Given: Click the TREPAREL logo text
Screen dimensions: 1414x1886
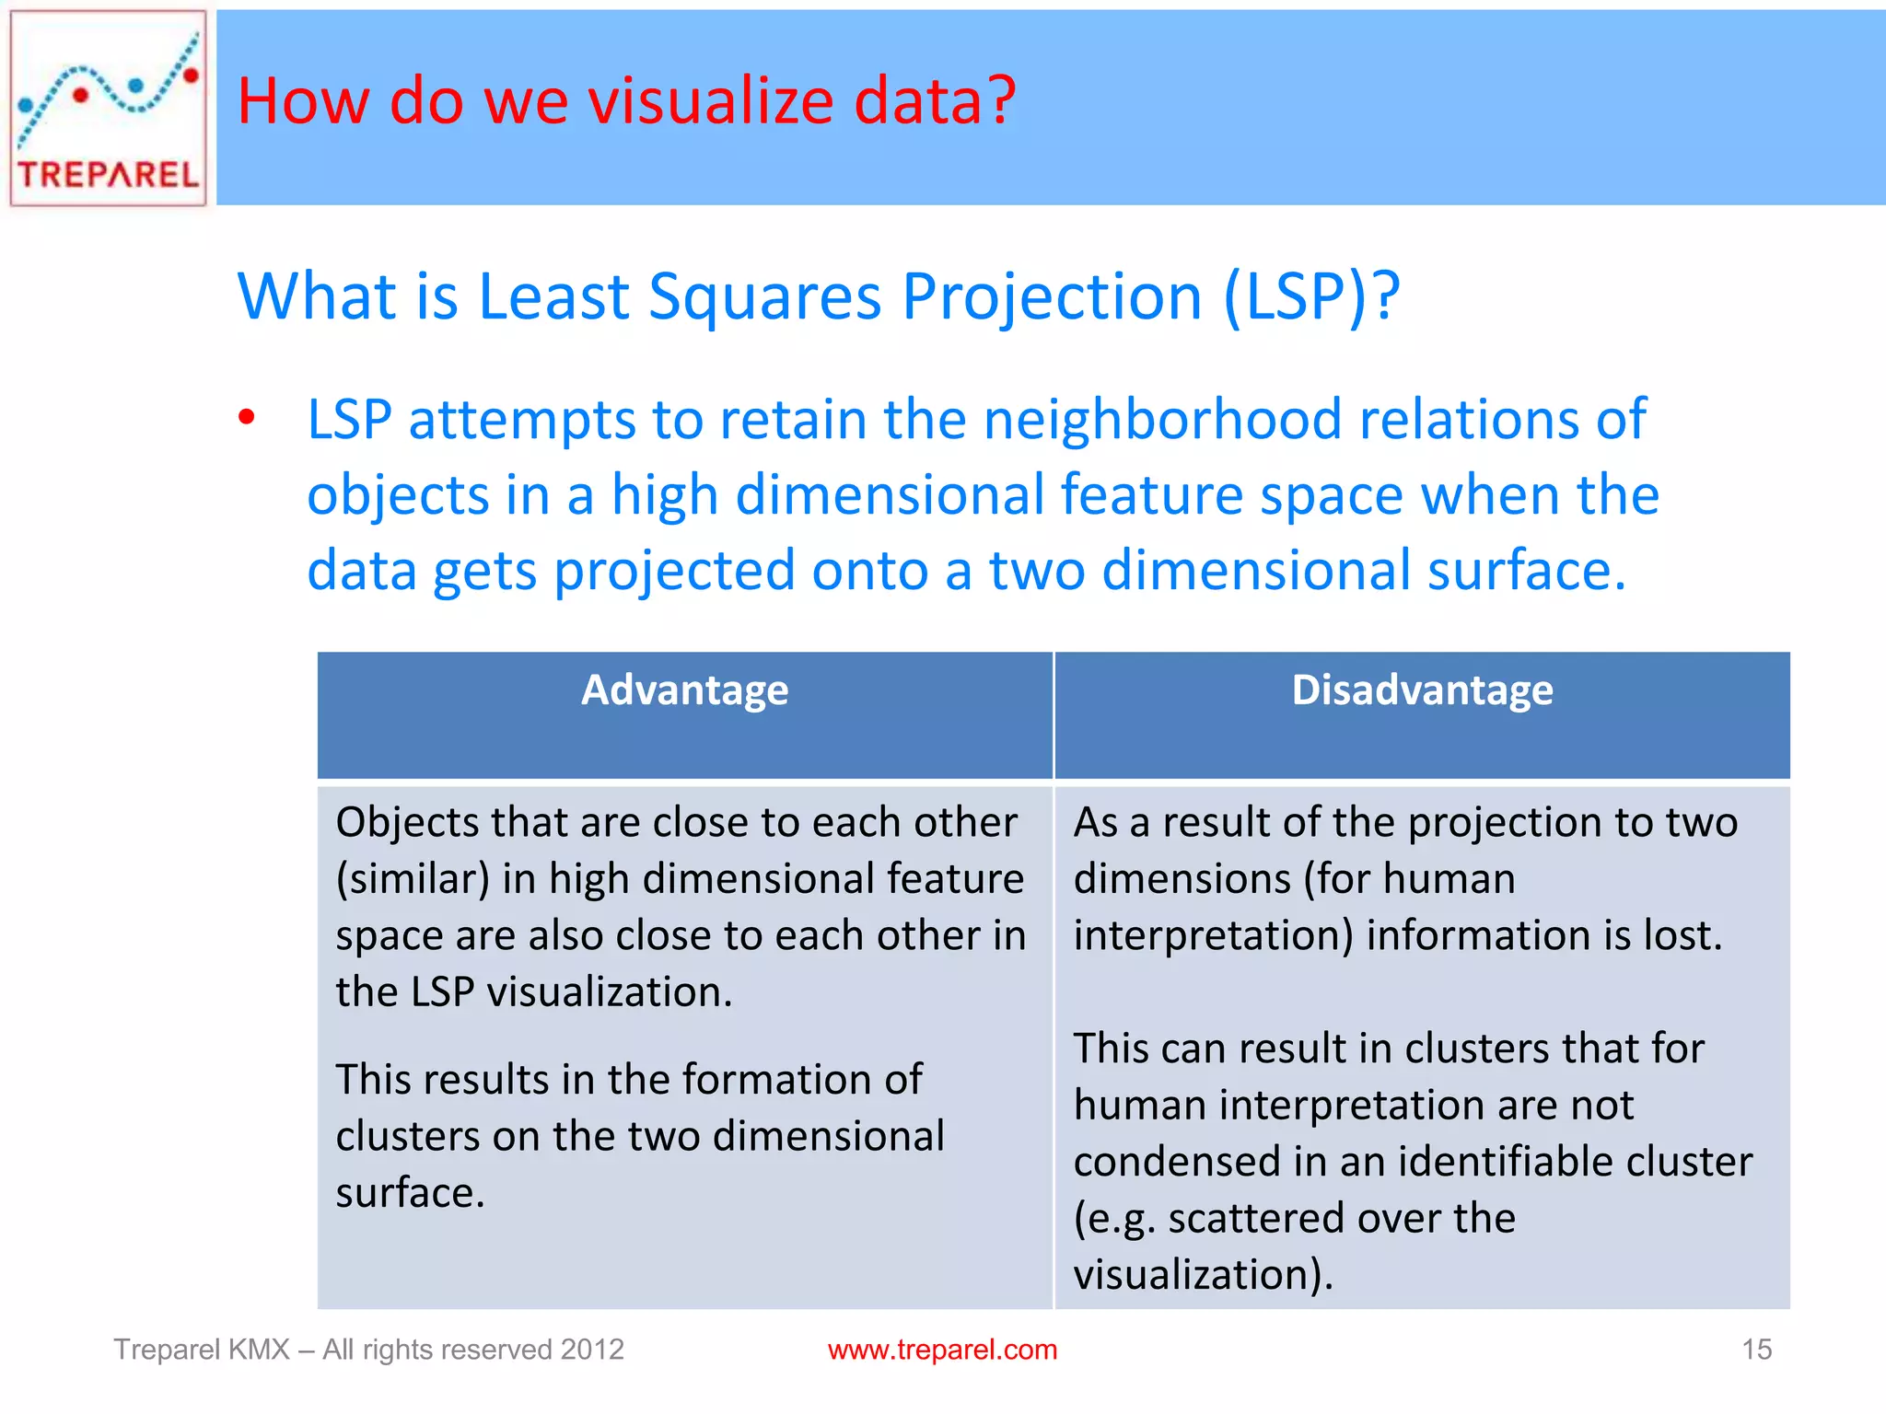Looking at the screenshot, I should click(x=109, y=173).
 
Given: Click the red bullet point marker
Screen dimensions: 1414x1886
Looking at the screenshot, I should click(x=246, y=418).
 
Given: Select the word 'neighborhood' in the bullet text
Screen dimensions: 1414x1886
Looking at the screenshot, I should click(x=1163, y=420).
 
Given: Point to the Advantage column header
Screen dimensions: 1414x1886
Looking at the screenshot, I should click(x=684, y=690).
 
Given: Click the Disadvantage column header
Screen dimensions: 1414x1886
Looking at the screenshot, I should click(x=1422, y=690).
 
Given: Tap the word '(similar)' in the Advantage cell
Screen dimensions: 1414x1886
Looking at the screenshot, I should click(x=412, y=879).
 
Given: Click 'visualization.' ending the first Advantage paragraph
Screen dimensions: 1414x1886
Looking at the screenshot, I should click(x=609, y=992).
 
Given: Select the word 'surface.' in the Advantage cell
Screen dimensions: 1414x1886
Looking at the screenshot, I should click(x=410, y=1193).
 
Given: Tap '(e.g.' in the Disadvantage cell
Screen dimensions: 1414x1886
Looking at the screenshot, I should click(x=1114, y=1219).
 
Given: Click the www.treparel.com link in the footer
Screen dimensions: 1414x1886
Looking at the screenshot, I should click(x=942, y=1350).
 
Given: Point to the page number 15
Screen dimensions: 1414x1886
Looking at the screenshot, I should click(x=1756, y=1350).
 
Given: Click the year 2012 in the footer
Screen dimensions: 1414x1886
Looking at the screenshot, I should click(x=592, y=1350).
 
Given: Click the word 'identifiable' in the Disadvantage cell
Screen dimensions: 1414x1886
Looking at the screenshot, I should click(x=1499, y=1162).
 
